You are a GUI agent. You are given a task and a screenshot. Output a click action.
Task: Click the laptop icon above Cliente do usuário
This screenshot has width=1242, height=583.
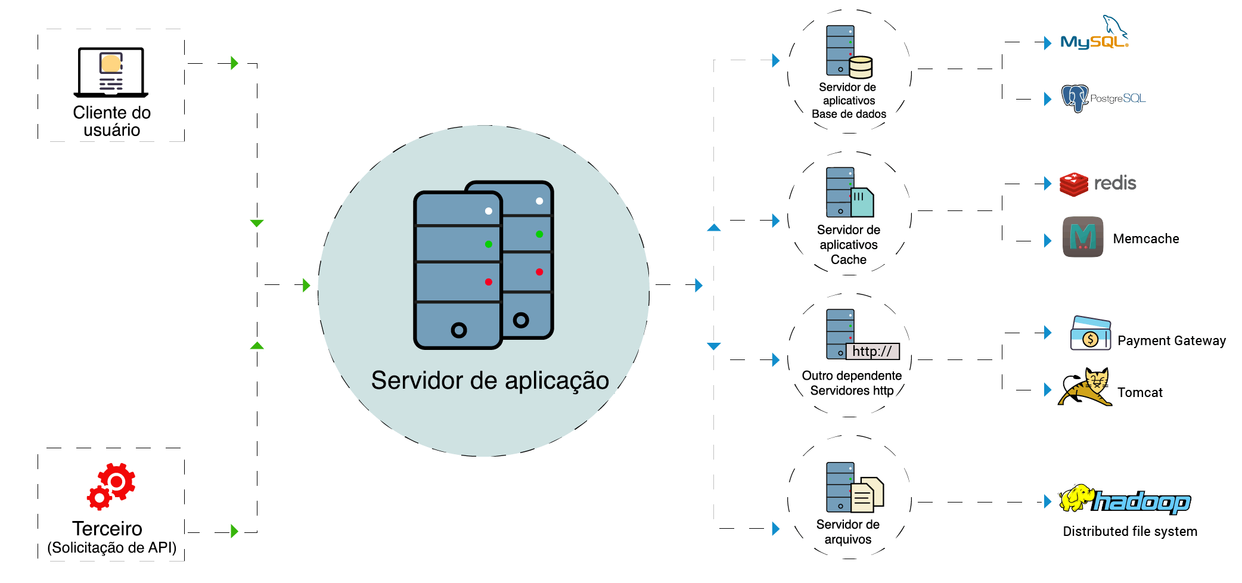coord(111,72)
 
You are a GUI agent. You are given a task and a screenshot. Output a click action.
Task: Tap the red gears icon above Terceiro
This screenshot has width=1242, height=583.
coord(111,486)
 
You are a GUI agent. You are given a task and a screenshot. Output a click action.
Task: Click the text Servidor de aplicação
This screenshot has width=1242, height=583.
coord(489,380)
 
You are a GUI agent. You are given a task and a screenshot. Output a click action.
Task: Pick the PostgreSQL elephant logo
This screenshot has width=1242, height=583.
coord(1075,98)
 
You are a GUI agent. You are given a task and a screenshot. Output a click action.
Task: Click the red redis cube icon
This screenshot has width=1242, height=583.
coord(1074,184)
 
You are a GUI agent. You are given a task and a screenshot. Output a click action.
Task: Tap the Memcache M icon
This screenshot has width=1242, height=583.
coord(1083,237)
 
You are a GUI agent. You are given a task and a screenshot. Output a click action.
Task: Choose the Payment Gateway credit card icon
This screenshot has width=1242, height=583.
coord(1090,333)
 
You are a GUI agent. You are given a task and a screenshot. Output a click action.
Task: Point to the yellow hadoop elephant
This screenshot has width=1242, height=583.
coord(1076,498)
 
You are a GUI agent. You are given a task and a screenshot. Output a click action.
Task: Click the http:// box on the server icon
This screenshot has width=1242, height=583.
coord(872,351)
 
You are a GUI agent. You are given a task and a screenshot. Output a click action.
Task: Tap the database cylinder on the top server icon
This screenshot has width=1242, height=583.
coord(861,67)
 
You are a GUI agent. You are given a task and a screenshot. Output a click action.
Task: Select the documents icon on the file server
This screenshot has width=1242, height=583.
coord(867,495)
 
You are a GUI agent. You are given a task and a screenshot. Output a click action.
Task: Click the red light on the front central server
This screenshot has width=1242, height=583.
coord(488,282)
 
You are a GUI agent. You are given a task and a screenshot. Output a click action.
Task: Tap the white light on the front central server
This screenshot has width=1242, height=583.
coord(488,211)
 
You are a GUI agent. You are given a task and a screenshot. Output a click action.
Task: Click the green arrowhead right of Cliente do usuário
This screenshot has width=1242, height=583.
coord(234,63)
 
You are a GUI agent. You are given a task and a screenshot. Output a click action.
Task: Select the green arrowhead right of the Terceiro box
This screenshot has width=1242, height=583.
coord(234,531)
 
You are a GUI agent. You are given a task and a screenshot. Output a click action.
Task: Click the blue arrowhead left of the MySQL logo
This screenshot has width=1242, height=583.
coord(1047,43)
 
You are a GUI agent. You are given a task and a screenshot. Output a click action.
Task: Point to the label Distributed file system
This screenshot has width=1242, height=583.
coord(1130,531)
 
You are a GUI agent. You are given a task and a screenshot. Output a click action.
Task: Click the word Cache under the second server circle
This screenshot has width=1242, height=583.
coord(849,260)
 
